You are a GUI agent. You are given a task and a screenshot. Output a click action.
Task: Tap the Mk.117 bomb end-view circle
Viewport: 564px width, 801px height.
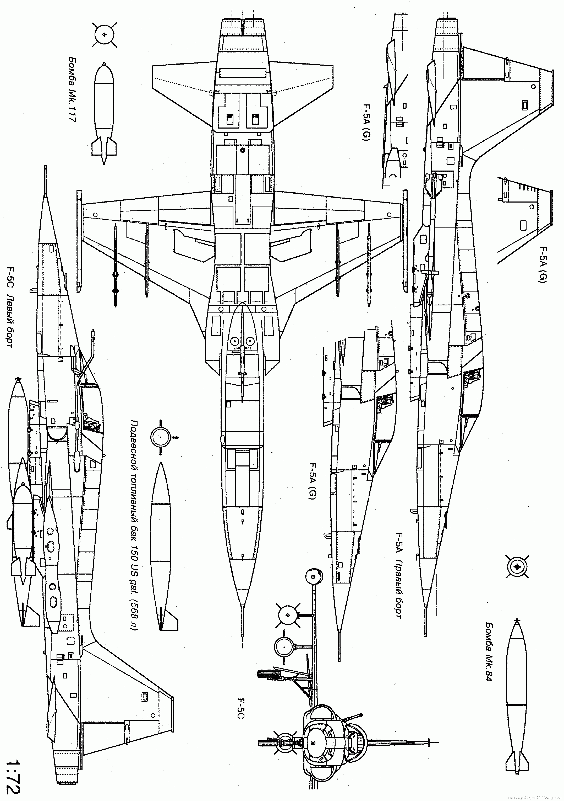[x=103, y=34]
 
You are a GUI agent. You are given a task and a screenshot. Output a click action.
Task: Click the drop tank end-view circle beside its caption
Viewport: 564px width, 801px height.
[x=161, y=437]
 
